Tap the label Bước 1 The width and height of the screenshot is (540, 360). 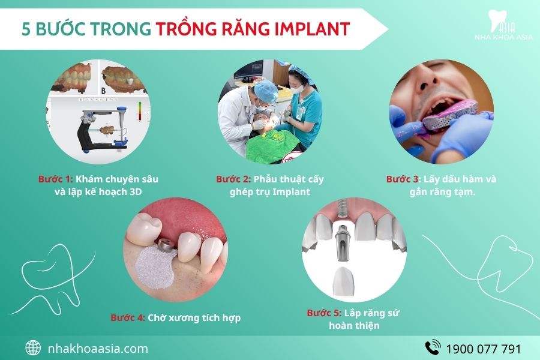(55, 179)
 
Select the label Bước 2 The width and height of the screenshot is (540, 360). (233, 179)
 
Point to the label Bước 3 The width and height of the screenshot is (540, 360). (403, 179)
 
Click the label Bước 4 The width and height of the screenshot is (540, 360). (127, 317)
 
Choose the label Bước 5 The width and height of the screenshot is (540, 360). (324, 313)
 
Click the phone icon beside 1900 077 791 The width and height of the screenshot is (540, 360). (433, 348)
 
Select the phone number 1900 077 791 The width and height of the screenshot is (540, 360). (483, 349)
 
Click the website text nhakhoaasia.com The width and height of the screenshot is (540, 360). (97, 348)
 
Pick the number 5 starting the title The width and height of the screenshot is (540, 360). (26, 29)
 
